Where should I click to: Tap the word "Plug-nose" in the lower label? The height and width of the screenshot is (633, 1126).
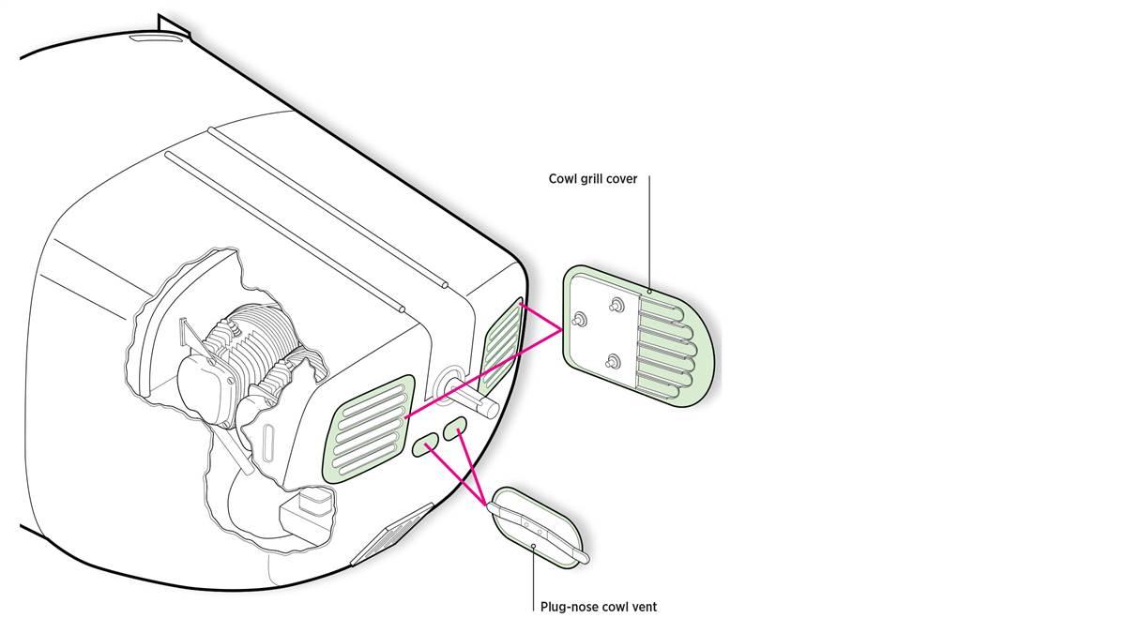pyautogui.click(x=569, y=607)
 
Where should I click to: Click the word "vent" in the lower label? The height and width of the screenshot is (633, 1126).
pyautogui.click(x=644, y=607)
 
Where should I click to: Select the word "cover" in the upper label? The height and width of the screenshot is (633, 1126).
pyautogui.click(x=623, y=179)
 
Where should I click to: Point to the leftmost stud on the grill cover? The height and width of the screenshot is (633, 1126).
pyautogui.click(x=582, y=320)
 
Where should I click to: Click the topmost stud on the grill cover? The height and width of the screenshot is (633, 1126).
pyautogui.click(x=616, y=304)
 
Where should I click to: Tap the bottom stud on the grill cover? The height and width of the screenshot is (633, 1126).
pyautogui.click(x=614, y=361)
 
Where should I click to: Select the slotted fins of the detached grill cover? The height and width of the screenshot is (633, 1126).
pyautogui.click(x=668, y=347)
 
